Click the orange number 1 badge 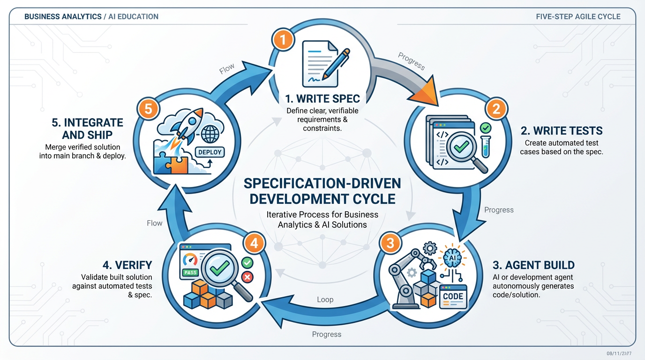click(x=282, y=40)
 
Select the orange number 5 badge click(x=148, y=109)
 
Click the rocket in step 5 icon click(x=188, y=123)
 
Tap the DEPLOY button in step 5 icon click(x=209, y=152)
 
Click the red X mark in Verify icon click(x=247, y=277)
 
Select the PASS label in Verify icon click(x=190, y=272)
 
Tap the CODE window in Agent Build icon click(x=453, y=297)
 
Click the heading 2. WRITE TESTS click(x=562, y=131)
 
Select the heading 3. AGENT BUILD click(x=533, y=265)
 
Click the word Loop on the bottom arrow click(x=325, y=300)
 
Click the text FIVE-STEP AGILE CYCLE click(x=578, y=16)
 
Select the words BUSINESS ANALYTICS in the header click(x=63, y=16)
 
